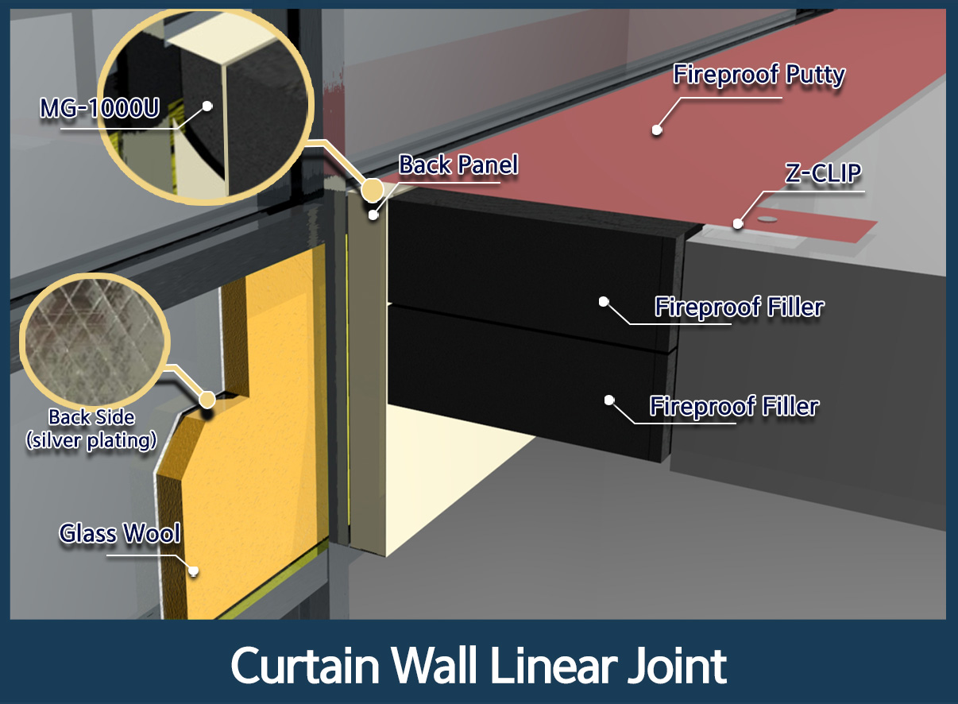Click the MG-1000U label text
click(99, 107)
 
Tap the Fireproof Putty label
click(759, 75)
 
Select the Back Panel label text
click(458, 164)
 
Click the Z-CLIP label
click(823, 173)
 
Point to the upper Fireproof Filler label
click(740, 307)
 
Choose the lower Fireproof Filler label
click(734, 406)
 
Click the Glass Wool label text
click(120, 533)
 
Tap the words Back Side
click(91, 417)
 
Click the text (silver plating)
click(91, 440)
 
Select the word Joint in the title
click(677, 667)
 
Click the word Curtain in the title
click(305, 665)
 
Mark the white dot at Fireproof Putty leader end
click(657, 130)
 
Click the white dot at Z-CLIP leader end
click(738, 223)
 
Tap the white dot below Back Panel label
click(373, 215)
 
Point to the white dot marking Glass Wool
click(193, 571)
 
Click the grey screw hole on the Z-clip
click(767, 219)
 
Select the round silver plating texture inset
click(95, 342)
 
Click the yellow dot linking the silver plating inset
click(207, 400)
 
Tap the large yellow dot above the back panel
click(372, 190)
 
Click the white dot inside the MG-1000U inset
click(207, 106)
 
